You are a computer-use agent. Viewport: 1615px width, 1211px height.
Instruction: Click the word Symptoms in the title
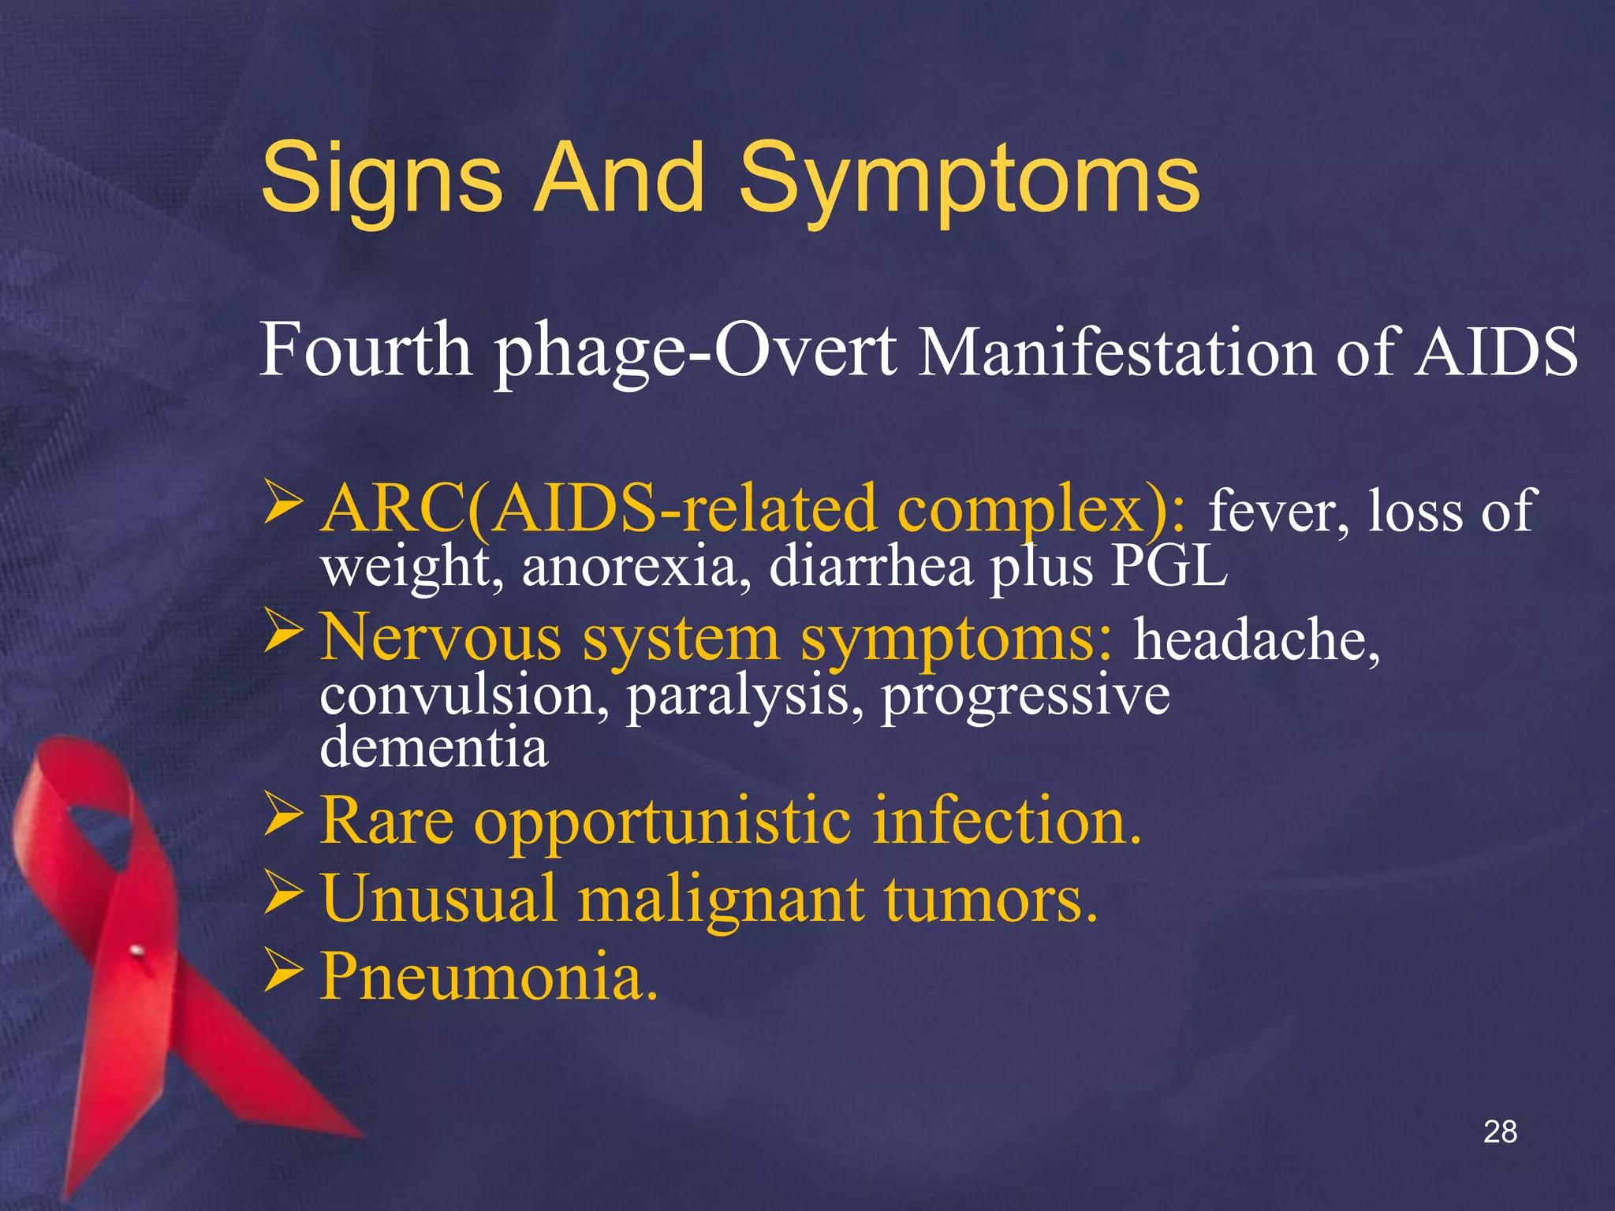[969, 180]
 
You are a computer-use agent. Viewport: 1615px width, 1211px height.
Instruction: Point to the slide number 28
[1500, 1131]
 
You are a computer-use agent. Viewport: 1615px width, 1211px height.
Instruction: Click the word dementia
[434, 747]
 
